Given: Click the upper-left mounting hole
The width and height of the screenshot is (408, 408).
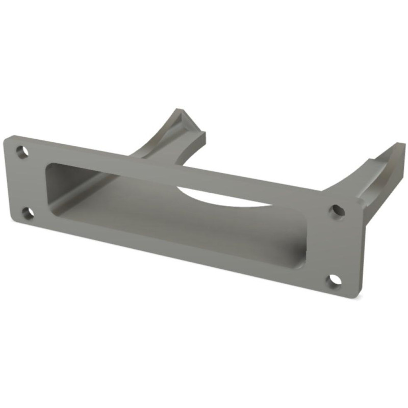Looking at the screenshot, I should pyautogui.click(x=21, y=151).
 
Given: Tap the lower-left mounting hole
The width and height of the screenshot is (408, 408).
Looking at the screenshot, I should pyautogui.click(x=29, y=212).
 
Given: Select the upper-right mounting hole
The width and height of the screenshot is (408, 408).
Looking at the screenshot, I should pyautogui.click(x=336, y=210).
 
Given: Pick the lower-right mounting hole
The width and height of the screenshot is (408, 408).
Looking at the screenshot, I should pyautogui.click(x=334, y=280).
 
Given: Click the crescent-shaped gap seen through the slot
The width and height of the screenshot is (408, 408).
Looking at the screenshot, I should pyautogui.click(x=224, y=198).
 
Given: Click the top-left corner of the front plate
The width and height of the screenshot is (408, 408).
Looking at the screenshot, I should pyautogui.click(x=6, y=138).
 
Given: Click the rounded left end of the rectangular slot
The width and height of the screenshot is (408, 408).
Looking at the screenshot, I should pyautogui.click(x=49, y=189).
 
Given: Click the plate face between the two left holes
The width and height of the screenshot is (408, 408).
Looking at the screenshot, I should pyautogui.click(x=25, y=182).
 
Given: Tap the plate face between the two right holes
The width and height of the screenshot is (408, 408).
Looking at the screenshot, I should pyautogui.click(x=334, y=245).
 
